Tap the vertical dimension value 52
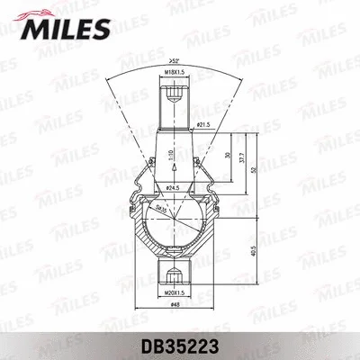pyautogui.click(x=255, y=168)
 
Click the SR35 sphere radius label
pyautogui.click(x=161, y=207)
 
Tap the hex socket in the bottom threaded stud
pyautogui.click(x=175, y=274)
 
